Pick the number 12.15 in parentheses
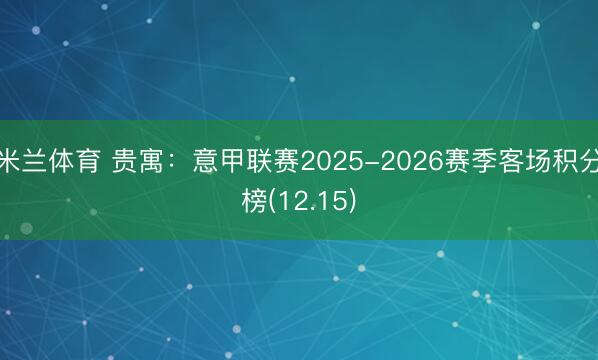(311, 201)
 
